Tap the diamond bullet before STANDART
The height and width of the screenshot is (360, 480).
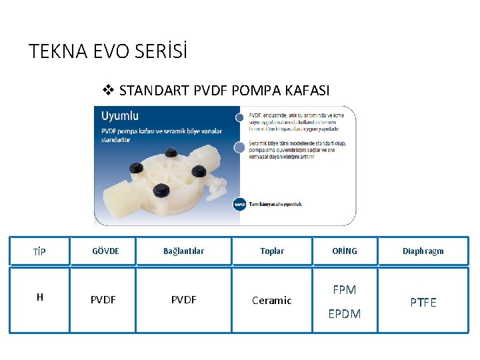click(109, 90)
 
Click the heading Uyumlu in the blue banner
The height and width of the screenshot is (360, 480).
click(120, 116)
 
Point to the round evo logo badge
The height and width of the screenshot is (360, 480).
click(239, 204)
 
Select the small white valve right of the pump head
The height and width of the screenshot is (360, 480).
click(215, 189)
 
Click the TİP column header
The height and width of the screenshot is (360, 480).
click(39, 251)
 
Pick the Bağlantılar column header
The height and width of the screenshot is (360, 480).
click(183, 251)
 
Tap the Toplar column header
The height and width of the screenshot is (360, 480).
click(272, 251)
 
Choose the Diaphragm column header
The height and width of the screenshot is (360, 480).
click(423, 251)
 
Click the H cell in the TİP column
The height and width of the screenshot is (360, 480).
click(40, 297)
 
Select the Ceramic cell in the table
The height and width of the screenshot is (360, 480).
click(272, 301)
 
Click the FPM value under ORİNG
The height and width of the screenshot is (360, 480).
click(345, 290)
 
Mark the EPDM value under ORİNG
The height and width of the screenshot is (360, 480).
click(345, 314)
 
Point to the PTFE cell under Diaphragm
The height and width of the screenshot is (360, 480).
click(423, 303)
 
